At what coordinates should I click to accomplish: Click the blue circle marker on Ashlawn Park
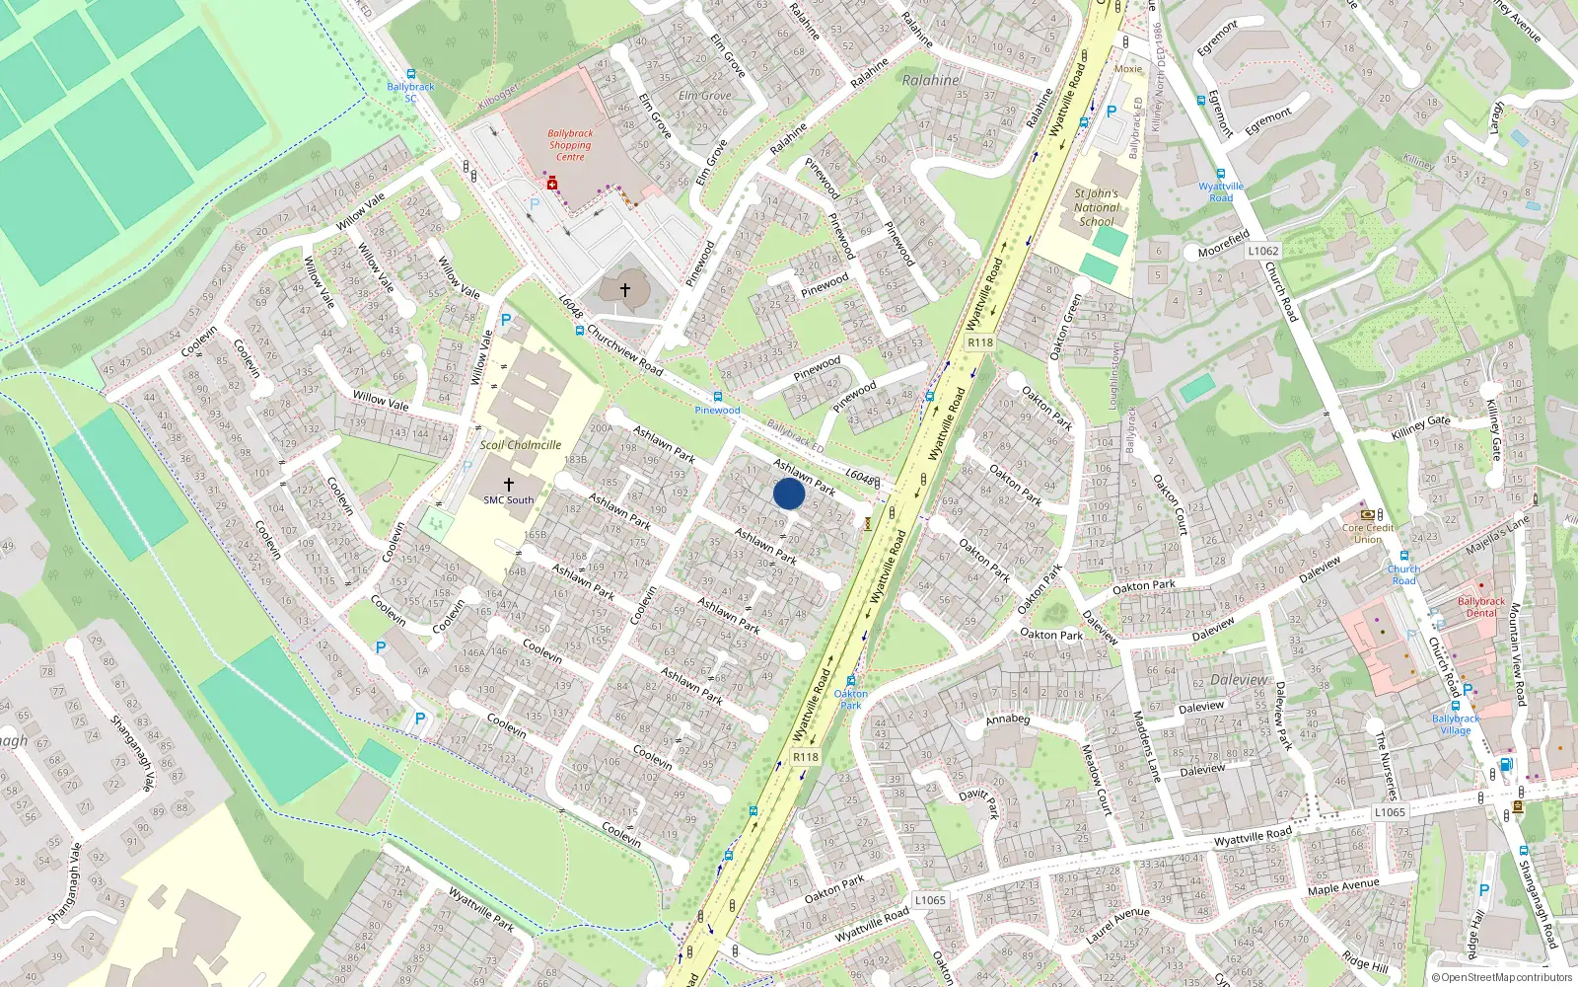tap(789, 493)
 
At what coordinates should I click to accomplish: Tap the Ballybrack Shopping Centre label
tap(570, 145)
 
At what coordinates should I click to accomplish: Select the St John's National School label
tap(1096, 207)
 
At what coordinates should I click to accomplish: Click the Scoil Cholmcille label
tap(521, 445)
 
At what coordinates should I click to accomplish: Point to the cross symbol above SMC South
tap(509, 484)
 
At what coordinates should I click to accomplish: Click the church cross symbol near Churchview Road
tap(624, 290)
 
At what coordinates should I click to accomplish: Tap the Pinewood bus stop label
tap(717, 411)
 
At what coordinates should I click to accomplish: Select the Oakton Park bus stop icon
tap(850, 681)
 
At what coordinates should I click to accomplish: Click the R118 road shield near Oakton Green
tap(979, 342)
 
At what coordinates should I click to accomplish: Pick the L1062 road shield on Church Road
tap(1262, 251)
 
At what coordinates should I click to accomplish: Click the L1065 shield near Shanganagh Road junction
tap(1389, 812)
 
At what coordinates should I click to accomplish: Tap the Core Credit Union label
tap(1368, 534)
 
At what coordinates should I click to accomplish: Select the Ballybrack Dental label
tap(1481, 607)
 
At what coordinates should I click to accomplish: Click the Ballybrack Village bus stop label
tap(1456, 724)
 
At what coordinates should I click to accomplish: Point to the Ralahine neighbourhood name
tap(930, 80)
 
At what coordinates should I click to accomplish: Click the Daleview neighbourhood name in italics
tap(1239, 680)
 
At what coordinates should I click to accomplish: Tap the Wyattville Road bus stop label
tap(1221, 191)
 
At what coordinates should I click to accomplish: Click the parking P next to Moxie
tap(1112, 112)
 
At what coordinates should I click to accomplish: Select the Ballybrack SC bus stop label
tap(410, 92)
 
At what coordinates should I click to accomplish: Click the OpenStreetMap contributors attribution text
tap(1501, 977)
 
